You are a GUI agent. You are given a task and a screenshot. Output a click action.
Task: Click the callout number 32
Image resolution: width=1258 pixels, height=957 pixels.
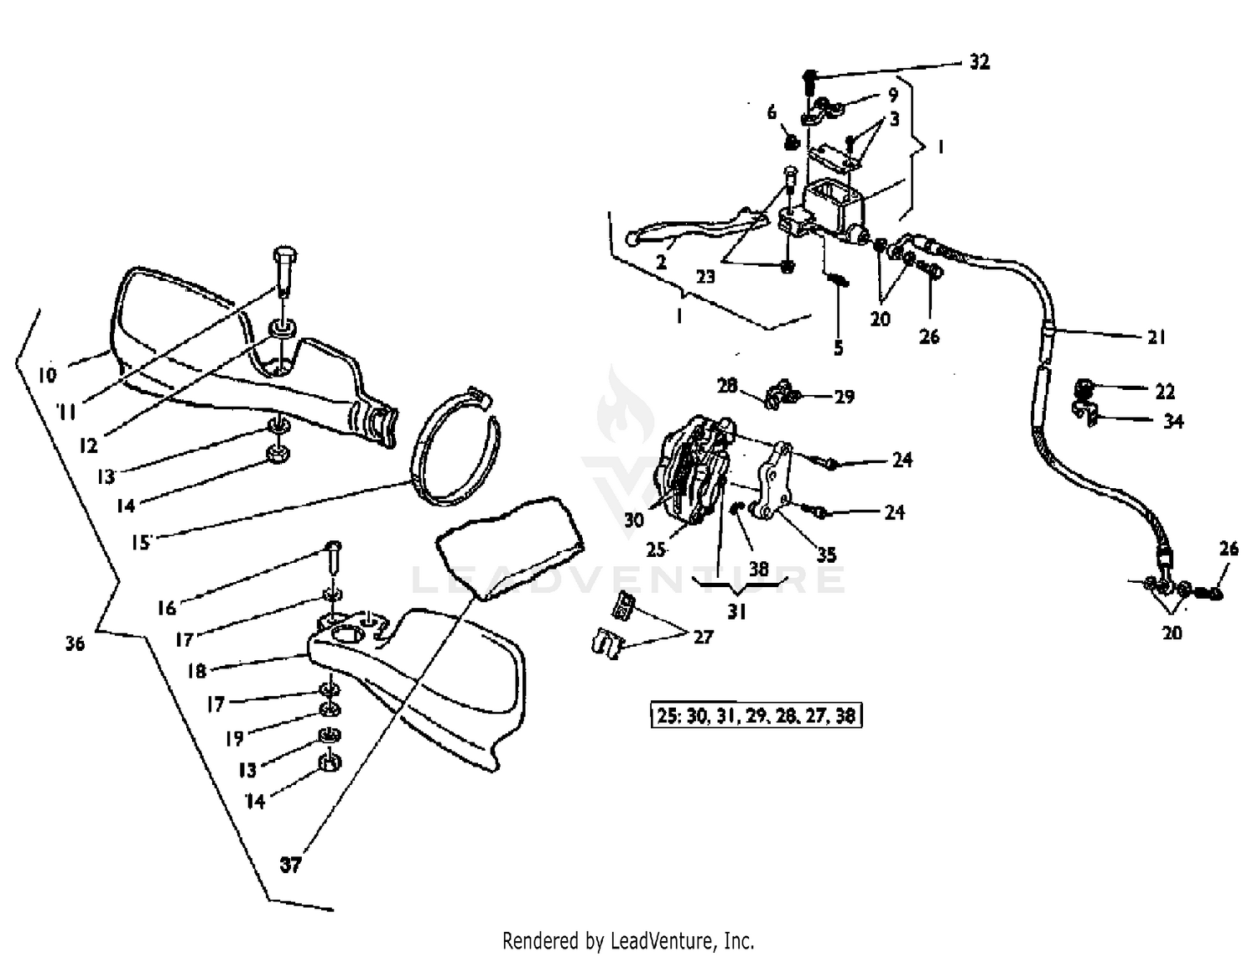tap(979, 62)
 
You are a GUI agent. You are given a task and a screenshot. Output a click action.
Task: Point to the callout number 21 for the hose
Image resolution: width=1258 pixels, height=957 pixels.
tap(1157, 337)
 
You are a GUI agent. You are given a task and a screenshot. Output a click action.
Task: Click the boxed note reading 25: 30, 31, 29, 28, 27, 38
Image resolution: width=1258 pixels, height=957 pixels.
tap(756, 715)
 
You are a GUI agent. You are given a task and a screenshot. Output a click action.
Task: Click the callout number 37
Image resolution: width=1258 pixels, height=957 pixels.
tap(290, 864)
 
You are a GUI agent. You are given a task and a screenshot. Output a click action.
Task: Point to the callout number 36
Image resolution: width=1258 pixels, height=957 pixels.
tap(75, 643)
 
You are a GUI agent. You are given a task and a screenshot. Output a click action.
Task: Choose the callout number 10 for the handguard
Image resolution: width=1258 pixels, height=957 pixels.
tap(48, 374)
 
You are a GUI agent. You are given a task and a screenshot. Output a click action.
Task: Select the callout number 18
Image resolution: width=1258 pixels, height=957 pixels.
tap(196, 671)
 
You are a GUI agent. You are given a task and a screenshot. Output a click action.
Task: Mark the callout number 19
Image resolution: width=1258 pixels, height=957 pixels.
tap(234, 737)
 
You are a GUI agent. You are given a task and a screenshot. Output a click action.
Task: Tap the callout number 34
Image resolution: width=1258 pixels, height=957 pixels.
tap(1172, 421)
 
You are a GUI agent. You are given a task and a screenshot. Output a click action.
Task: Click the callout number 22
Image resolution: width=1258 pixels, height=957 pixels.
tap(1164, 391)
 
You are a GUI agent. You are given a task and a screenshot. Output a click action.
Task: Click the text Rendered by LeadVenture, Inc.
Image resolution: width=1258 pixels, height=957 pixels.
tap(628, 940)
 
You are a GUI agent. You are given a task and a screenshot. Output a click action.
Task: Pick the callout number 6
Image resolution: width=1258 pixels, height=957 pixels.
tap(772, 112)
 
